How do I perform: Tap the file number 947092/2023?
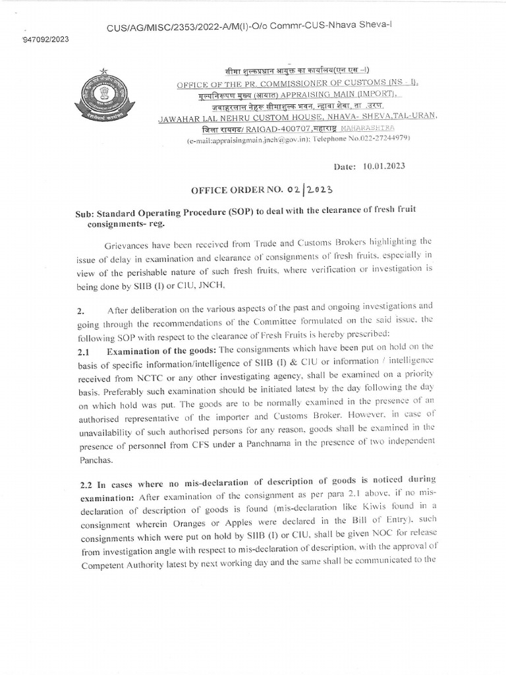coord(45,38)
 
